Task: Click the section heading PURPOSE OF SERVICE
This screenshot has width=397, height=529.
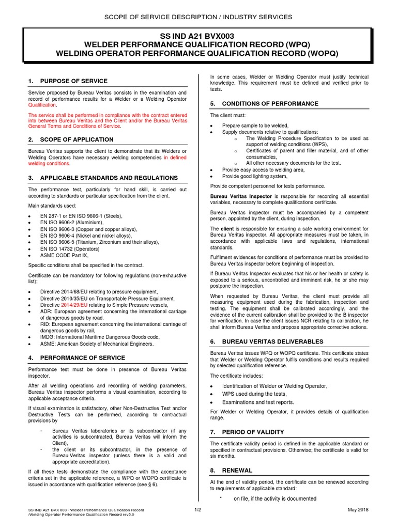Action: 73,81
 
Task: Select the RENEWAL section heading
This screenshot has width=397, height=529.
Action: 237,471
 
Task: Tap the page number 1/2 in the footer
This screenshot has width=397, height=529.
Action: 197,510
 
